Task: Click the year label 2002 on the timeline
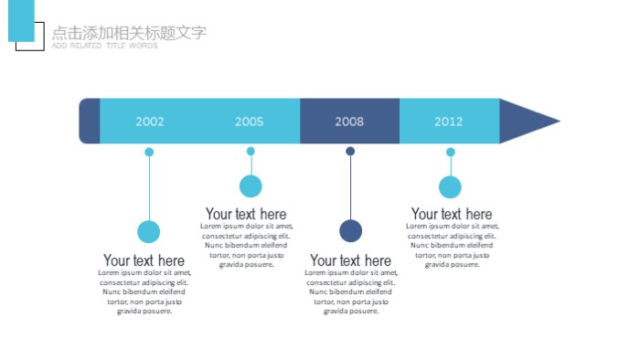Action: pos(150,122)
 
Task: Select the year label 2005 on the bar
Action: pos(249,122)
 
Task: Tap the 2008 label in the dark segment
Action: pos(349,122)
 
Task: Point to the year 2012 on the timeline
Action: pos(448,122)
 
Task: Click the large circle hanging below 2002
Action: pos(148,232)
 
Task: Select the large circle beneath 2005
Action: pos(251,186)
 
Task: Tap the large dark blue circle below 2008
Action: pos(350,231)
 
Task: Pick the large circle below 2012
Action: pos(450,187)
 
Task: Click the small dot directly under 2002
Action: pos(149,153)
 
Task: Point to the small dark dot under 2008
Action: pos(350,152)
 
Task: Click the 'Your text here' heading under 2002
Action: pos(144,260)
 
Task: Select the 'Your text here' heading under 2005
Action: pos(246,215)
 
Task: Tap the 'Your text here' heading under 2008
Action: pos(350,260)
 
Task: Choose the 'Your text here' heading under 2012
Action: pos(452,215)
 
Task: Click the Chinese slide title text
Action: pos(129,33)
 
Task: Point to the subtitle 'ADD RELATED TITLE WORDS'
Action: pos(104,46)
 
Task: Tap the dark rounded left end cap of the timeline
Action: pos(90,121)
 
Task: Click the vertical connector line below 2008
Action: pos(350,187)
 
